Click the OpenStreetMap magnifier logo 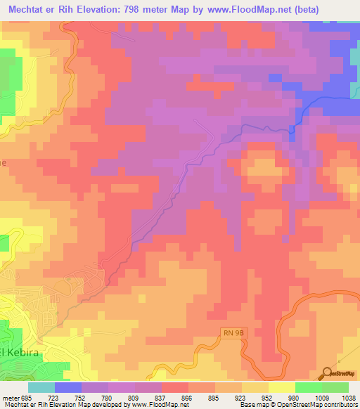click(327, 374)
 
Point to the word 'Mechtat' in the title click(27, 10)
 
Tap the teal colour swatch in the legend click(41, 387)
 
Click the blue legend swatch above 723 click(68, 387)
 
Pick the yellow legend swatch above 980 click(282, 387)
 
